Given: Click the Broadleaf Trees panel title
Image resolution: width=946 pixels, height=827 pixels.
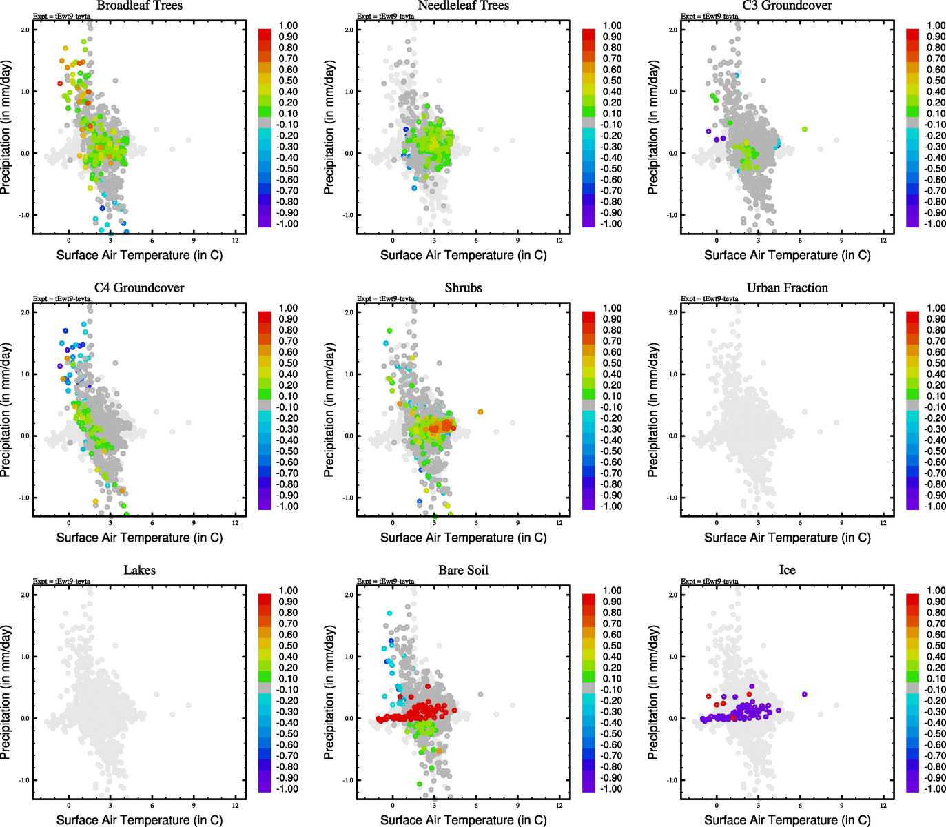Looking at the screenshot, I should pyautogui.click(x=139, y=6).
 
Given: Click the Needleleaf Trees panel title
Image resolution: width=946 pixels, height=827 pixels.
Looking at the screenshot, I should pyautogui.click(x=463, y=6).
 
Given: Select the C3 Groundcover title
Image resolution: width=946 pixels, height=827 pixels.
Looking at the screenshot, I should pyautogui.click(x=787, y=6).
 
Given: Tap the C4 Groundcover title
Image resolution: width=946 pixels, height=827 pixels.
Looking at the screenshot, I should pyautogui.click(x=139, y=288).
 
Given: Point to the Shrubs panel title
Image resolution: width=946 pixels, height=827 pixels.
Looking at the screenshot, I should pyautogui.click(x=463, y=288).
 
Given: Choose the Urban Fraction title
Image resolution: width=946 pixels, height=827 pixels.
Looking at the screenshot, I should pyautogui.click(x=787, y=288).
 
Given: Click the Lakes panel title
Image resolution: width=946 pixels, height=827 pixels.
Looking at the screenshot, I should pyautogui.click(x=139, y=571).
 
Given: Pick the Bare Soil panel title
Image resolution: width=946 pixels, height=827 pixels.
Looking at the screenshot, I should pyautogui.click(x=463, y=571).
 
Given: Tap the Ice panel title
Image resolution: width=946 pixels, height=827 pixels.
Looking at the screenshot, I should pyautogui.click(x=787, y=571).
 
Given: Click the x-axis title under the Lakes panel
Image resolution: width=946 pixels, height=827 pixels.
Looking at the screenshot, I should pyautogui.click(x=139, y=820).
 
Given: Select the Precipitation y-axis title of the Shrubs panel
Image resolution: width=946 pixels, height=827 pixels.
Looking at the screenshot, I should pyautogui.click(x=329, y=410).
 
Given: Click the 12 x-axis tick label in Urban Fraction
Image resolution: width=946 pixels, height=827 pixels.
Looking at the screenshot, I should pyautogui.click(x=883, y=523).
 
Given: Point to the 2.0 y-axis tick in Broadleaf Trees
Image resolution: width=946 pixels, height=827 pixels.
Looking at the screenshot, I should pyautogui.click(x=25, y=30).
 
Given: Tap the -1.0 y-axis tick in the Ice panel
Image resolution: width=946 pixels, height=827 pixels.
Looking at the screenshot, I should pyautogui.click(x=672, y=780).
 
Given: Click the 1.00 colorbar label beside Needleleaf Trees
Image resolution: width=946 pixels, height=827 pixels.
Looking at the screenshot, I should pyautogui.click(x=612, y=25).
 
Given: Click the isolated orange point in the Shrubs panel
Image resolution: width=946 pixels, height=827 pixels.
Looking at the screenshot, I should pyautogui.click(x=480, y=412).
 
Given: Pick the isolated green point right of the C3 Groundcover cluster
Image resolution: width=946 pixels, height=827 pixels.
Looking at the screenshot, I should pyautogui.click(x=804, y=130).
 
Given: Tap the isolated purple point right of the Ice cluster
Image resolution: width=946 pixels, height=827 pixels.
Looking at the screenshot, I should pyautogui.click(x=804, y=695).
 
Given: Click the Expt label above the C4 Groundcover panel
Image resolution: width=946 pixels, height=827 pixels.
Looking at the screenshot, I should pyautogui.click(x=61, y=299).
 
